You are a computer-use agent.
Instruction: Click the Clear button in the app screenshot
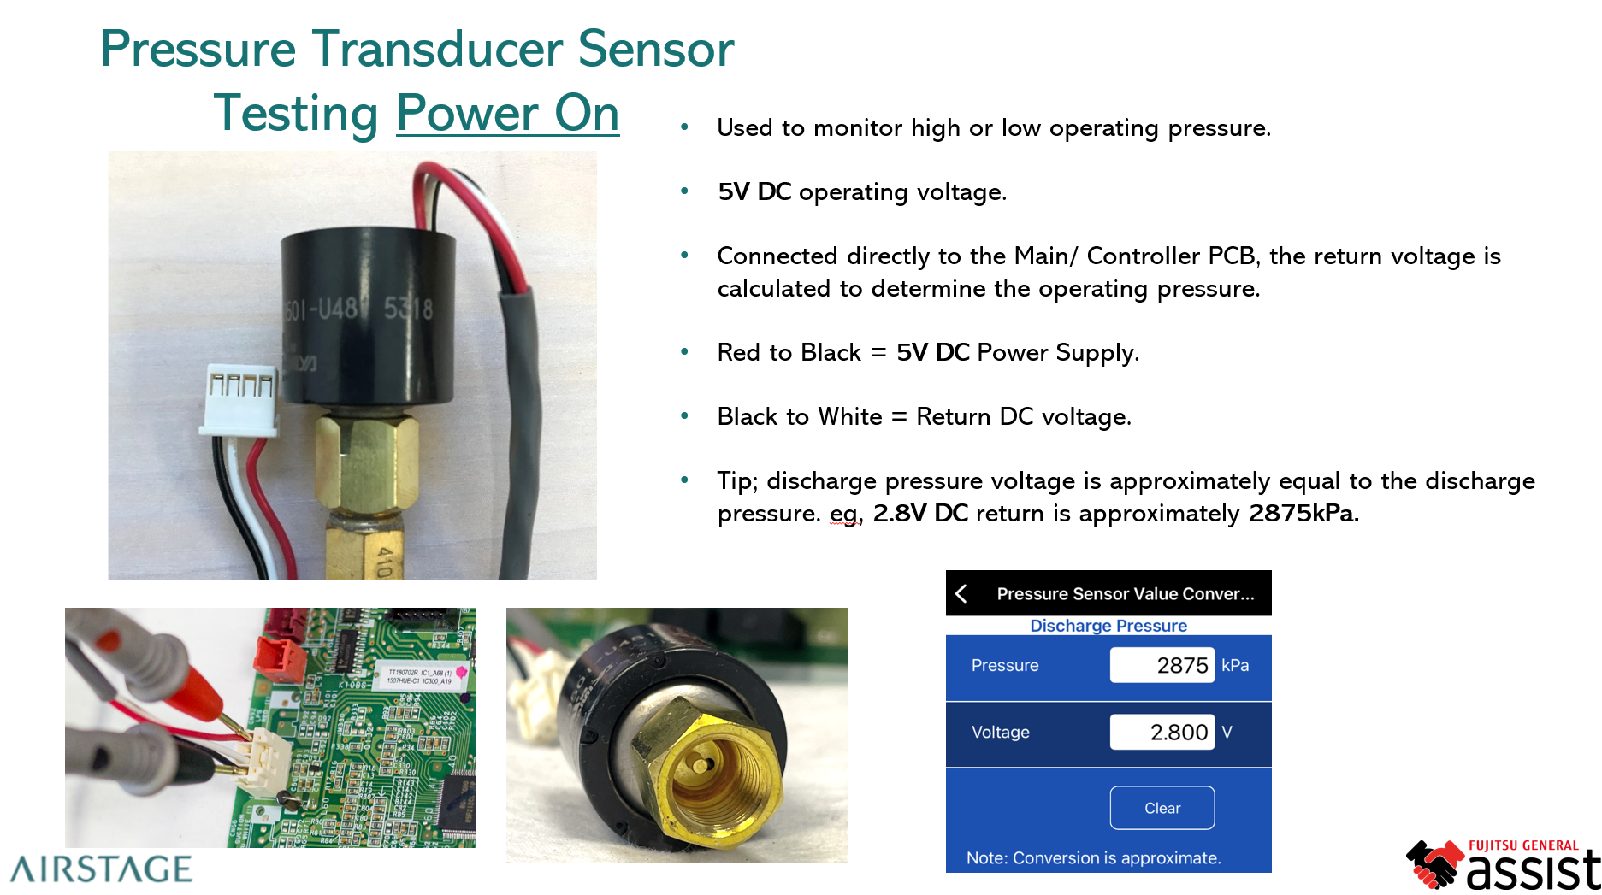pyautogui.click(x=1162, y=808)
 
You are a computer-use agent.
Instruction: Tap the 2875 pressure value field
pyautogui.click(x=1162, y=665)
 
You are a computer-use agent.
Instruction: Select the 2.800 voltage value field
pyautogui.click(x=1162, y=732)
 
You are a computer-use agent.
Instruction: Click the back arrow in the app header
pyautogui.click(x=962, y=593)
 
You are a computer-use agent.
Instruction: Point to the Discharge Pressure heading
pyautogui.click(x=1108, y=626)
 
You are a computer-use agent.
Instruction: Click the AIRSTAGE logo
pyautogui.click(x=101, y=869)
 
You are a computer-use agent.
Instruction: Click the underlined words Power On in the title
pyautogui.click(x=507, y=114)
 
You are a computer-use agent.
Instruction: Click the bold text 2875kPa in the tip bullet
pyautogui.click(x=1303, y=514)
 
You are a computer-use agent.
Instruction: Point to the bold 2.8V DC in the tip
pyautogui.click(x=920, y=514)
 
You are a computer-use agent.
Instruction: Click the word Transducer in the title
pyautogui.click(x=438, y=49)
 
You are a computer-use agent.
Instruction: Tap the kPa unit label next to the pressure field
pyautogui.click(x=1235, y=665)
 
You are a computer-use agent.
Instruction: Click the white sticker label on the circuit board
pyautogui.click(x=420, y=675)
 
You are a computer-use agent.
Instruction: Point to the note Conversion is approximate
pyautogui.click(x=1093, y=857)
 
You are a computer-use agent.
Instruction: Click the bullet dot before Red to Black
pyautogui.click(x=684, y=351)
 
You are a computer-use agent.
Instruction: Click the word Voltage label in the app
pyautogui.click(x=1000, y=732)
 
